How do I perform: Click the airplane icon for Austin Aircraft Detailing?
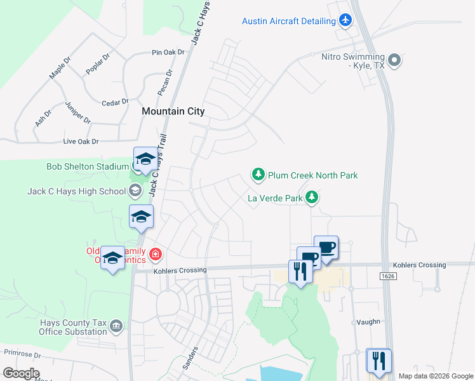click(345, 21)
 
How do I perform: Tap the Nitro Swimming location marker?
click(394, 60)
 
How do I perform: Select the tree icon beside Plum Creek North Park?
click(258, 175)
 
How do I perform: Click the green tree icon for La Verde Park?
click(311, 198)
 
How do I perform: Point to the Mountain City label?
click(173, 111)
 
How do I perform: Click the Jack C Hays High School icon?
click(135, 190)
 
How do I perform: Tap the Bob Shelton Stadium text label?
click(88, 167)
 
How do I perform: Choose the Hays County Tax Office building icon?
click(116, 326)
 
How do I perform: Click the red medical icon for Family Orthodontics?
click(156, 256)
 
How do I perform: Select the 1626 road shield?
click(389, 276)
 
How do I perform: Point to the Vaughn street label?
click(368, 322)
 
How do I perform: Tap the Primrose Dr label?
click(22, 352)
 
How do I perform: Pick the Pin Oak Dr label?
click(168, 52)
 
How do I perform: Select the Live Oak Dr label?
click(81, 142)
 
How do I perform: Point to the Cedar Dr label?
click(115, 102)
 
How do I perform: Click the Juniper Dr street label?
click(77, 112)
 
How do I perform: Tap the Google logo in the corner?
click(21, 373)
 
